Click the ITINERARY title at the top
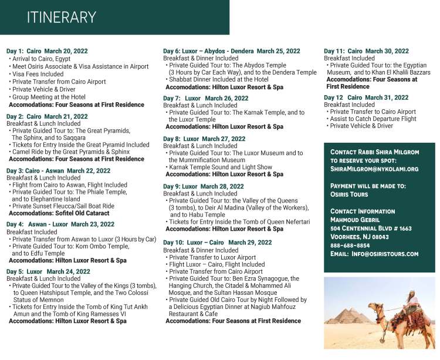[x=61, y=16]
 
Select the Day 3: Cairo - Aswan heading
[x=58, y=171]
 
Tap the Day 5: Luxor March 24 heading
[x=48, y=271]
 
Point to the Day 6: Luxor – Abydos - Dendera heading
[x=231, y=51]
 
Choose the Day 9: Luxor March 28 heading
[x=204, y=186]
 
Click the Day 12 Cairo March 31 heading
[x=366, y=97]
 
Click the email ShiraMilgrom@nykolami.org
[x=374, y=169]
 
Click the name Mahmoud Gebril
[x=357, y=220]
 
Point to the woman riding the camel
[x=414, y=304]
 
